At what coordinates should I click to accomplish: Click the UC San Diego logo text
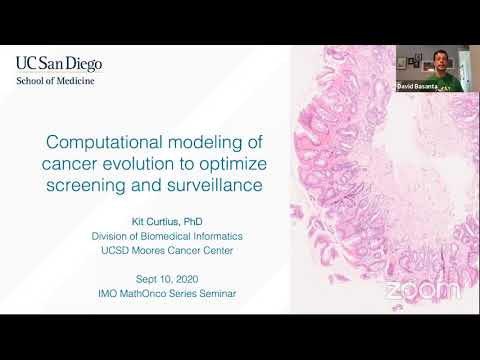58,63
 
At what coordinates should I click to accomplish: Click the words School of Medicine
55,81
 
